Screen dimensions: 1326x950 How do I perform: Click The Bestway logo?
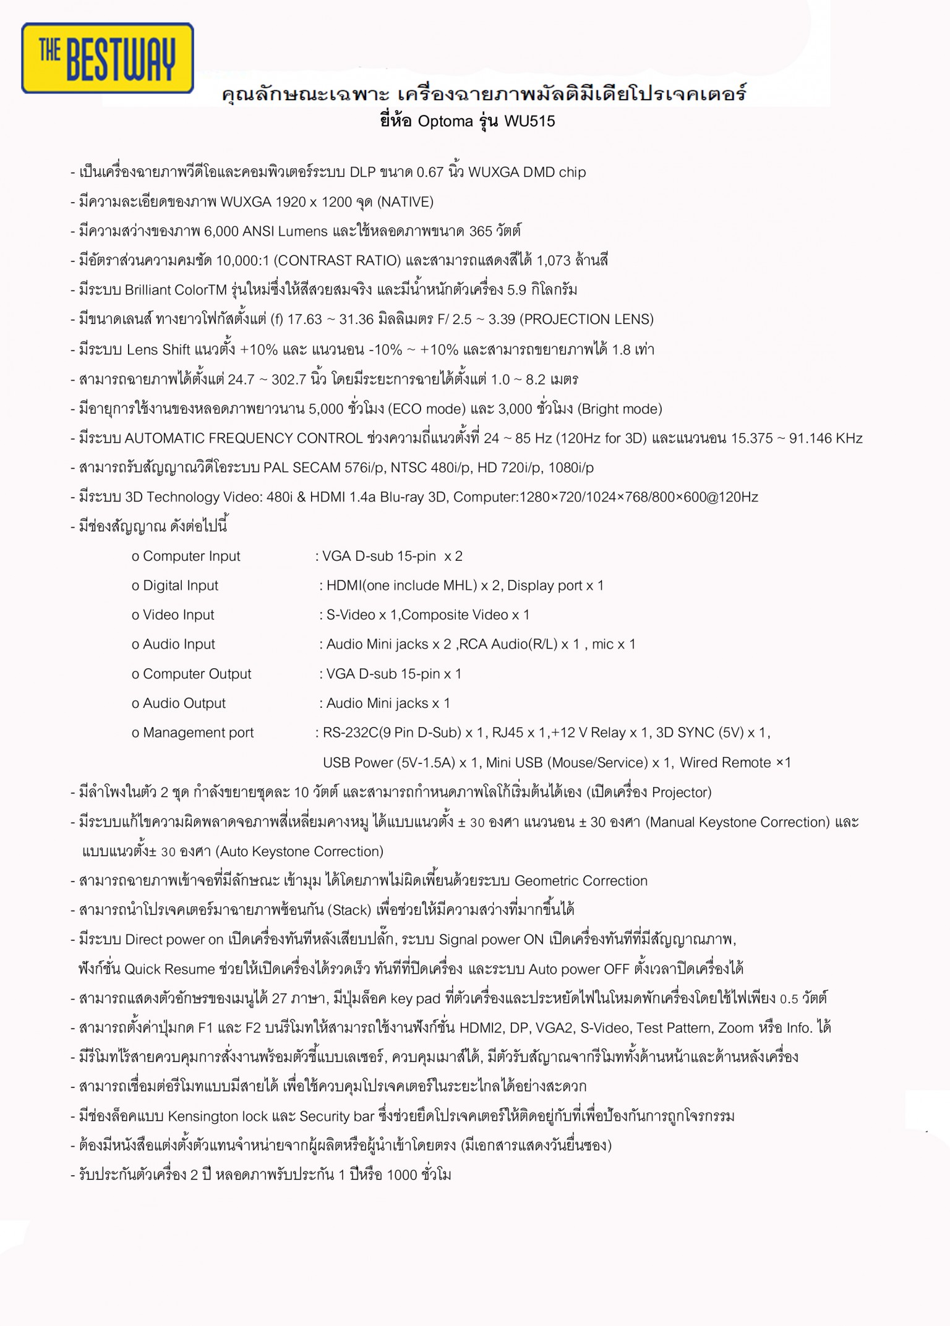108,59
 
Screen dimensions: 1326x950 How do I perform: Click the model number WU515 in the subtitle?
529,121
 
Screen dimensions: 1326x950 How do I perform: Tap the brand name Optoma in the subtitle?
445,121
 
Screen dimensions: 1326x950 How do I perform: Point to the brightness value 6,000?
220,231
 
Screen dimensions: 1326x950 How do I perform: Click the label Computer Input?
191,556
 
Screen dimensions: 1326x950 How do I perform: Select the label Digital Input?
181,585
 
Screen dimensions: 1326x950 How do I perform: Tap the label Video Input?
178,615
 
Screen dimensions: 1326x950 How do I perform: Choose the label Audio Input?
179,644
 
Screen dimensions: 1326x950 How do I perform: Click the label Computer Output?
197,674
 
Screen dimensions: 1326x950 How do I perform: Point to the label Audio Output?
184,703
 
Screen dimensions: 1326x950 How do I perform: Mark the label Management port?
198,733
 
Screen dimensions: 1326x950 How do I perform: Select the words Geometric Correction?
581,881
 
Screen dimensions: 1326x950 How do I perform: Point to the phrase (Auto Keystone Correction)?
299,852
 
